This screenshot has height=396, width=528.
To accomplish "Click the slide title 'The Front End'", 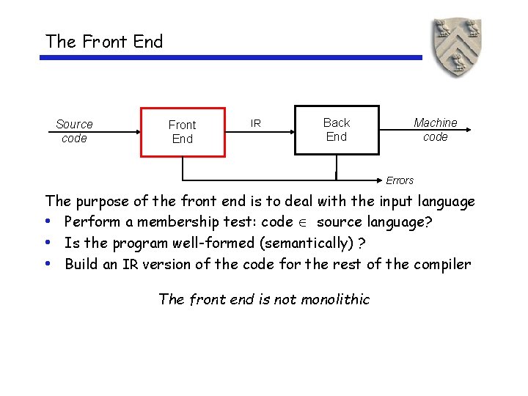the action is click(104, 42).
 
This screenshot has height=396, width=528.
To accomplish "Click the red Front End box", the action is click(183, 132).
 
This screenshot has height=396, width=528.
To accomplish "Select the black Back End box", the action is click(337, 130).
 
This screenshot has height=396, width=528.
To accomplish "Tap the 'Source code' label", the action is click(74, 131).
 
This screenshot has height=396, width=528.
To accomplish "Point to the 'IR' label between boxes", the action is click(255, 123).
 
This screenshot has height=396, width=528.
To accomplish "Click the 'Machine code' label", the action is click(435, 130).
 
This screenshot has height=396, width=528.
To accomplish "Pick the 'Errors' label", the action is click(400, 180).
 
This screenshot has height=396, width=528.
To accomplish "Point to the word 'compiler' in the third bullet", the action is click(441, 265).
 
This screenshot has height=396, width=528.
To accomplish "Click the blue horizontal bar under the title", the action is click(230, 58).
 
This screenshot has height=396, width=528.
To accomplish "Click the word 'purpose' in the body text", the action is click(103, 202).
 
